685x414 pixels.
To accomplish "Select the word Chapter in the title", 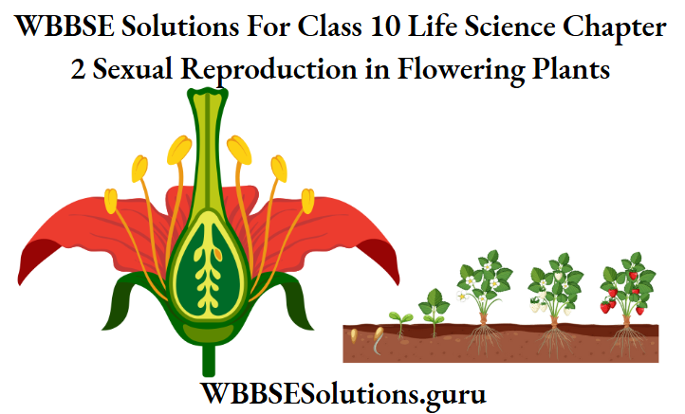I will click(x=616, y=27).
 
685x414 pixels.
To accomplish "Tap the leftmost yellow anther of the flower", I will click(x=111, y=201).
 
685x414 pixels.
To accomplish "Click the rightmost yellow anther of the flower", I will click(x=307, y=201).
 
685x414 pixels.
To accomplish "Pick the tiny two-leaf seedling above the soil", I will click(x=399, y=319).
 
